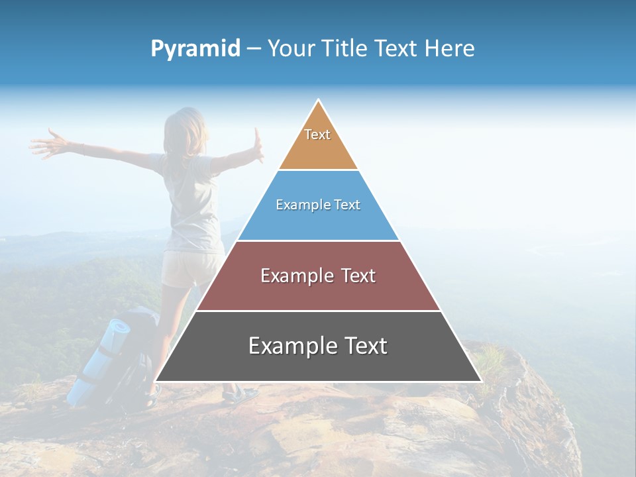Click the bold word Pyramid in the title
195,49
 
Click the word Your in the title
291,48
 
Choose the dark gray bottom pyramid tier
318,364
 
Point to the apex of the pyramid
318,101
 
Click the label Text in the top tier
317,134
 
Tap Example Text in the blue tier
318,205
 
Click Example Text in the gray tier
318,346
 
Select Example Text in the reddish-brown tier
318,276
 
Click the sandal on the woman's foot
240,395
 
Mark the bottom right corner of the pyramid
481,382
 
